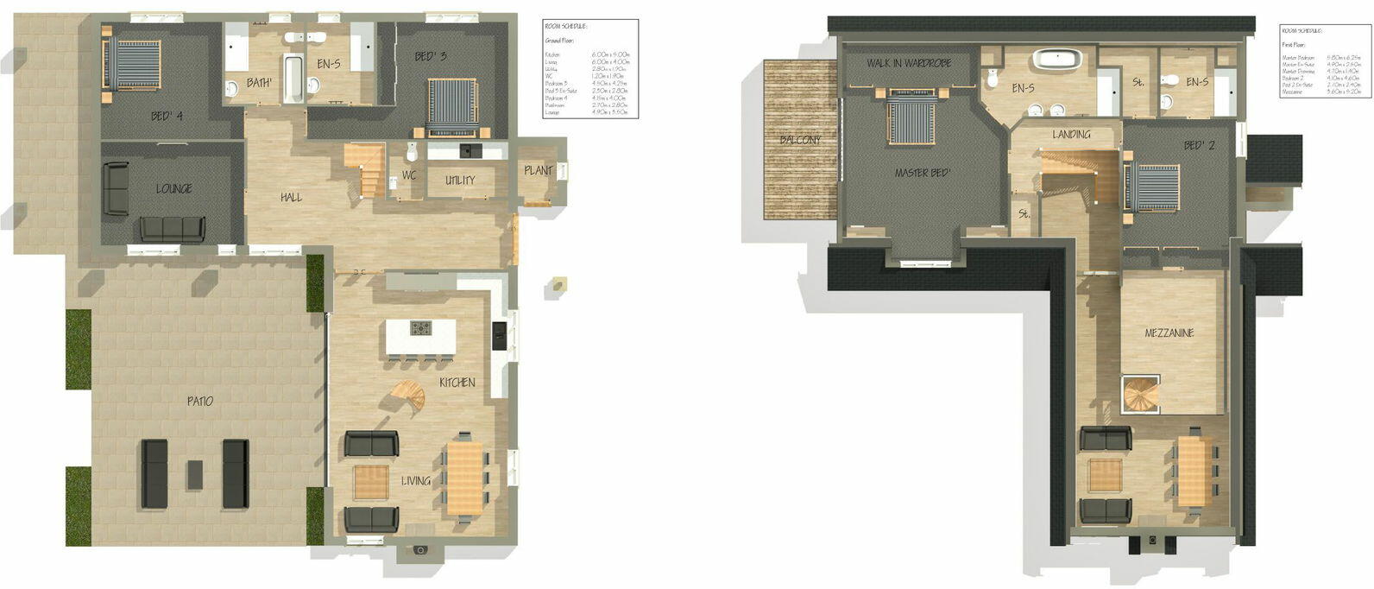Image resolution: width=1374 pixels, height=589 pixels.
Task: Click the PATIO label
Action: coord(199,401)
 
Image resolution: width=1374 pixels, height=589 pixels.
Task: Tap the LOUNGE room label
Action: coord(173,188)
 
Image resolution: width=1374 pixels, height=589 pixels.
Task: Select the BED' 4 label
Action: coord(167,116)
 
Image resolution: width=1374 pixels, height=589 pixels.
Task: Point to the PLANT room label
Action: coord(538,170)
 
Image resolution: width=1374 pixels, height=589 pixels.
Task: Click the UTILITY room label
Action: coord(460,180)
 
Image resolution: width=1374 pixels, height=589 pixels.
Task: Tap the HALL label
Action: coord(291,197)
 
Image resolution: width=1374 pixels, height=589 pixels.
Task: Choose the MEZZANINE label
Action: coord(1169,332)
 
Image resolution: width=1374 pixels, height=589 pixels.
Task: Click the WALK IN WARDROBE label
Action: coord(909,63)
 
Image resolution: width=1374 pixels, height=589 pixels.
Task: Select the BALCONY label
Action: coord(800,140)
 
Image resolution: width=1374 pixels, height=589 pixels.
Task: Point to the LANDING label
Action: coord(1071,134)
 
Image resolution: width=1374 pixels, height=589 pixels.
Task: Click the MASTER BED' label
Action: coord(923,173)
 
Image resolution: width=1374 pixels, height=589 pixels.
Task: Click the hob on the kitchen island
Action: coord(420,328)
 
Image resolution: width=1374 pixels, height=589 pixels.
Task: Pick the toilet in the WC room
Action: coord(412,152)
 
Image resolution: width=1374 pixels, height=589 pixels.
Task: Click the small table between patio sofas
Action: coord(195,474)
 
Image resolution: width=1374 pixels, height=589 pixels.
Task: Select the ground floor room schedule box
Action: coord(590,68)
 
